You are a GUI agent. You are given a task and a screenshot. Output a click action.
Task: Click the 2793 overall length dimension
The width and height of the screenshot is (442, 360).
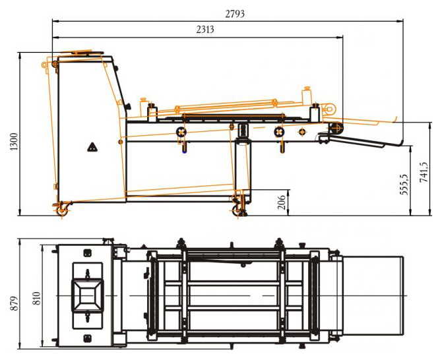pos(235,14)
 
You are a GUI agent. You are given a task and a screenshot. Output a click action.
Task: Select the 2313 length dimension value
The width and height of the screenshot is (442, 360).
pos(205,29)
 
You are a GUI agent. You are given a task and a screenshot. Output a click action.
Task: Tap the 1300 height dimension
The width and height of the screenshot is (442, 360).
pos(14,141)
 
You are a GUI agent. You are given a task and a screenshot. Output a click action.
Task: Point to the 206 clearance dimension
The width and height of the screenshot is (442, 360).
pos(282,202)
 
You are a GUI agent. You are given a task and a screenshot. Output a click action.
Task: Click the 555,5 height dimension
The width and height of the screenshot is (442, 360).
pos(404,184)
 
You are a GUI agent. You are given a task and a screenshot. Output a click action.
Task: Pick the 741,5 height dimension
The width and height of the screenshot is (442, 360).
pos(424,172)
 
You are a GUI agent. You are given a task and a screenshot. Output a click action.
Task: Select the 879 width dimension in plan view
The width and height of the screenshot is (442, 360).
pos(15,303)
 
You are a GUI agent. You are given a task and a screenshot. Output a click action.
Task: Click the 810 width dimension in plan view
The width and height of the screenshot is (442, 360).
pos(37,299)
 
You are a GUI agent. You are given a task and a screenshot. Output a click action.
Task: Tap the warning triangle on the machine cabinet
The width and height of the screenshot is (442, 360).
pos(92,147)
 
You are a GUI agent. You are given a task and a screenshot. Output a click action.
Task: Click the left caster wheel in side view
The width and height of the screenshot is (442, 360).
pos(62,210)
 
